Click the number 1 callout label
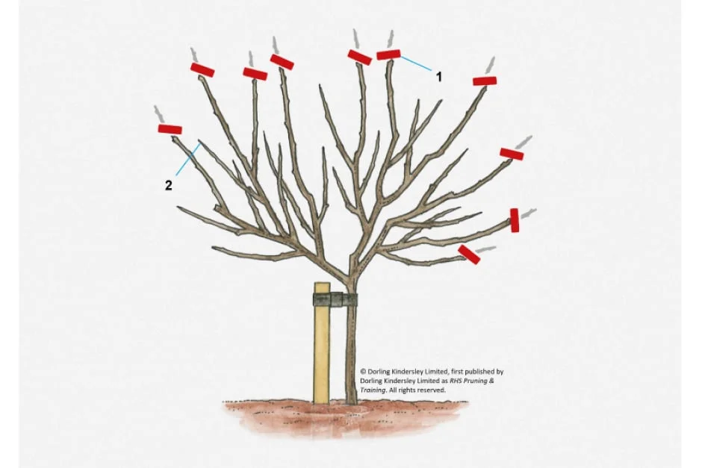pyautogui.click(x=439, y=77)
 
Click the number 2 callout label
pyautogui.click(x=168, y=185)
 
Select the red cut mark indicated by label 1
pyautogui.click(x=388, y=54)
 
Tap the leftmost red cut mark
pyautogui.click(x=170, y=129)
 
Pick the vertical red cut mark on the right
pyautogui.click(x=515, y=220)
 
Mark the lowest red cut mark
pyautogui.click(x=469, y=254)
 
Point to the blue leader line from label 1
pyautogui.click(x=416, y=63)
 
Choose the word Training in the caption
pyautogui.click(x=373, y=390)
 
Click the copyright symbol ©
pyautogui.click(x=363, y=372)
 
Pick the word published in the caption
pyautogui.click(x=479, y=372)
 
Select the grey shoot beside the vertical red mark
pyautogui.click(x=528, y=213)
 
